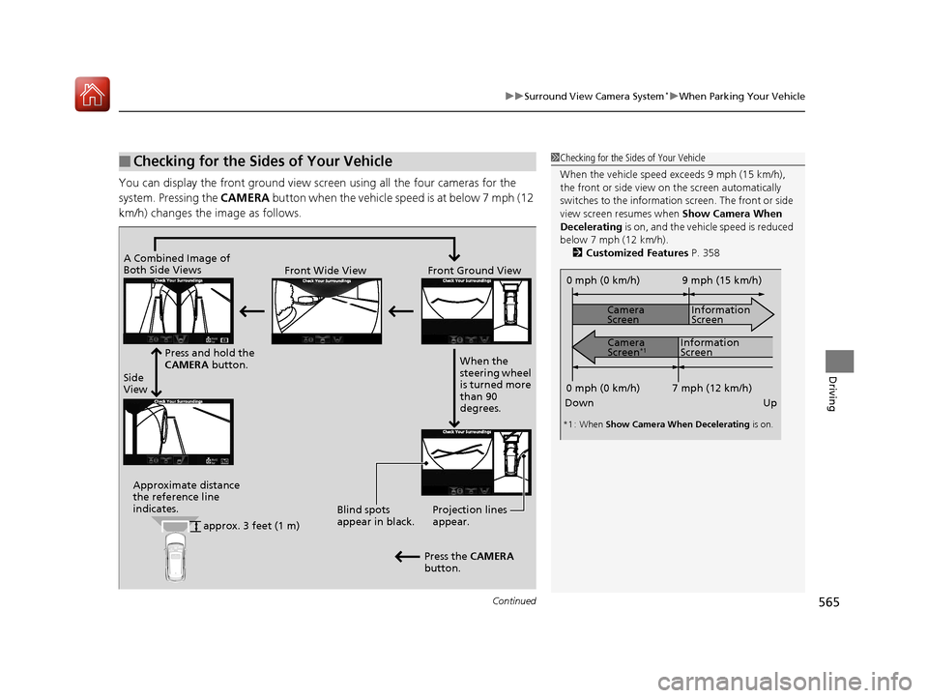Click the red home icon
point(93,94)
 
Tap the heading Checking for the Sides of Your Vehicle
point(264,161)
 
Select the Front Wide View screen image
point(327,310)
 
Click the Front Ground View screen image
point(477,310)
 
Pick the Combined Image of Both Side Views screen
point(179,310)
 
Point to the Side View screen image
point(179,432)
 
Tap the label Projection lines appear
point(469,515)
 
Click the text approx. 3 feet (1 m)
point(251,526)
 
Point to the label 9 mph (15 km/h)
point(721,280)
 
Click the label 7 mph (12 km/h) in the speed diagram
point(711,387)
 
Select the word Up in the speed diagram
point(769,402)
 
